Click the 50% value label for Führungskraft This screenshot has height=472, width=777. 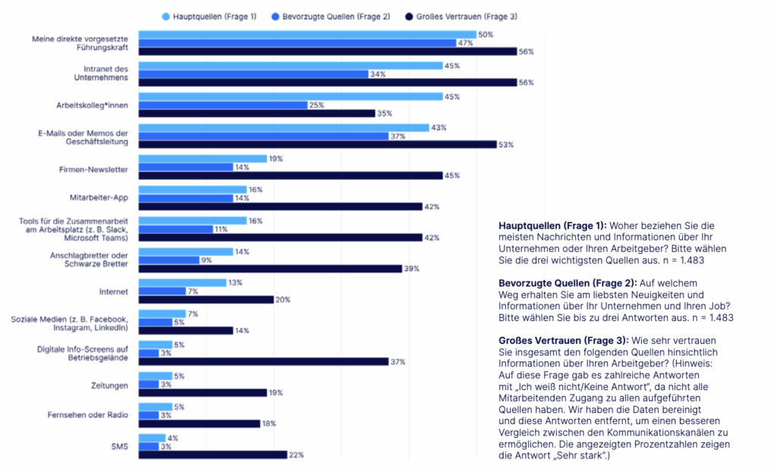(485, 34)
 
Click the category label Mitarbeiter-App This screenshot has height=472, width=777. (104, 198)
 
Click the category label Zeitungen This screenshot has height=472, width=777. (109, 385)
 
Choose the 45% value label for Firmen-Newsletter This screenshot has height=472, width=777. (451, 175)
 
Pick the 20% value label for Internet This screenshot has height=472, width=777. (282, 300)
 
